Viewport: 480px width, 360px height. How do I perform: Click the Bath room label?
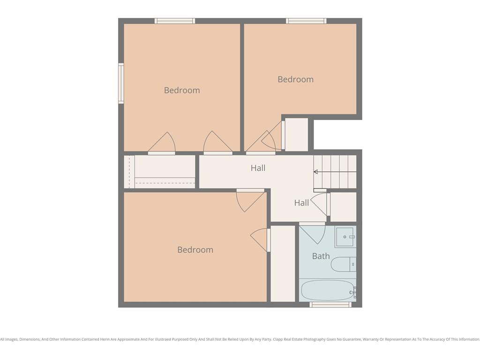pyautogui.click(x=321, y=256)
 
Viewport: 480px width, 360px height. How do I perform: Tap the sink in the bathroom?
pyautogui.click(x=345, y=237)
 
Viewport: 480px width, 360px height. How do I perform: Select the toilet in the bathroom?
pyautogui.click(x=344, y=264)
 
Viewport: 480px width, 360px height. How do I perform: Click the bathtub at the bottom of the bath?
pyautogui.click(x=327, y=290)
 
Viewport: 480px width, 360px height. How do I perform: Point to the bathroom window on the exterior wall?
pyautogui.click(x=330, y=305)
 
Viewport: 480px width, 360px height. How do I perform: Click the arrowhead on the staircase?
pyautogui.click(x=316, y=172)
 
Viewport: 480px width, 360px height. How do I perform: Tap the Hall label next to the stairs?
pyautogui.click(x=258, y=168)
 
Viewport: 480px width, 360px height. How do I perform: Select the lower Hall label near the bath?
pyautogui.click(x=301, y=203)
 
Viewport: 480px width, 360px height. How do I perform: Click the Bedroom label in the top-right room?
pyautogui.click(x=295, y=80)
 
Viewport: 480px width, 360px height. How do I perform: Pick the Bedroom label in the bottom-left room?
pyautogui.click(x=195, y=250)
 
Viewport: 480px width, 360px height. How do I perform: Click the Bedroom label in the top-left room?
pyautogui.click(x=182, y=90)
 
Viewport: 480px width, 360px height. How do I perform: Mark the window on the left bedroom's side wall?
pyautogui.click(x=121, y=83)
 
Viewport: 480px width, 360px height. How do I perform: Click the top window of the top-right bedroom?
pyautogui.click(x=306, y=21)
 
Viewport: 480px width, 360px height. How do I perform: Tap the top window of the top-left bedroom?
pyautogui.click(x=175, y=21)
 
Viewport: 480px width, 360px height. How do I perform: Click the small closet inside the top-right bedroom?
pyautogui.click(x=296, y=135)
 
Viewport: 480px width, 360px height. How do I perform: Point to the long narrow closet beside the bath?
pyautogui.click(x=283, y=264)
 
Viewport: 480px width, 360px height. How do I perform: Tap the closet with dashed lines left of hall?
pyautogui.click(x=159, y=172)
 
